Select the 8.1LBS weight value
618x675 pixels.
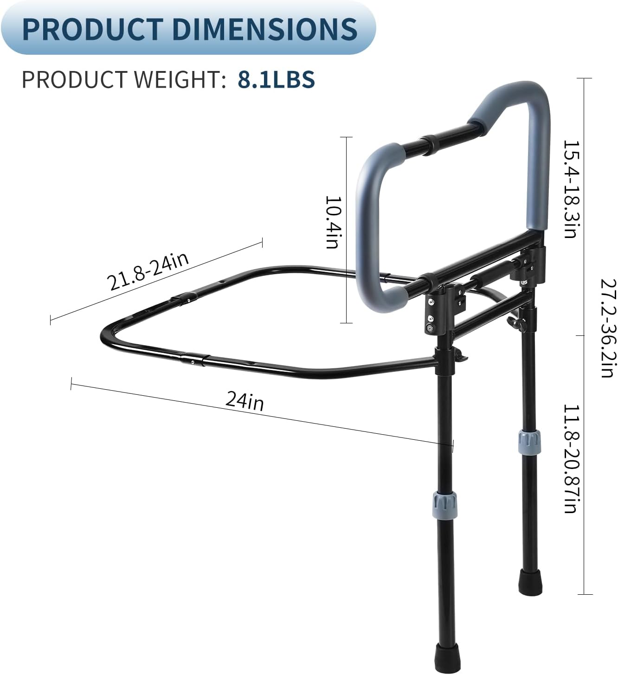[277, 79]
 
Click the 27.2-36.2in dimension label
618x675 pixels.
[607, 328]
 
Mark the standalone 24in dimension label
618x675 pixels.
[245, 400]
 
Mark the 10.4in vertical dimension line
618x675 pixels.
[346, 230]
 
